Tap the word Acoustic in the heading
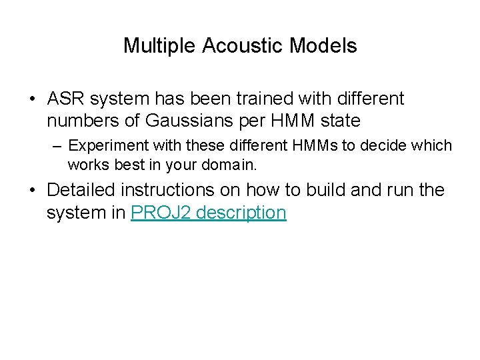[x=227, y=46]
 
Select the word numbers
[x=78, y=121]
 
